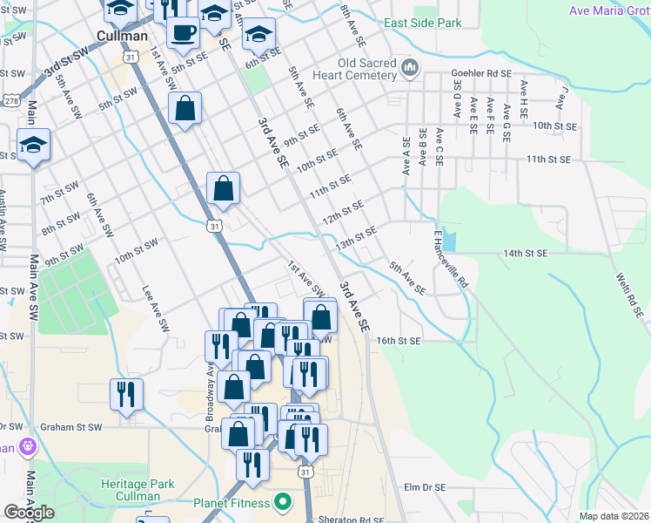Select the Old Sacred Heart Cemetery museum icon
pos(410,66)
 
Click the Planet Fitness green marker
pos(282,502)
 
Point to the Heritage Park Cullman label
pos(138,490)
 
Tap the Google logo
pos(29,513)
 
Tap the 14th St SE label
pos(524,253)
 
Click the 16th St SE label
pos(399,341)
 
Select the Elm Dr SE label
pos(425,487)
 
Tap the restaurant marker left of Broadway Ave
pos(126,395)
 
